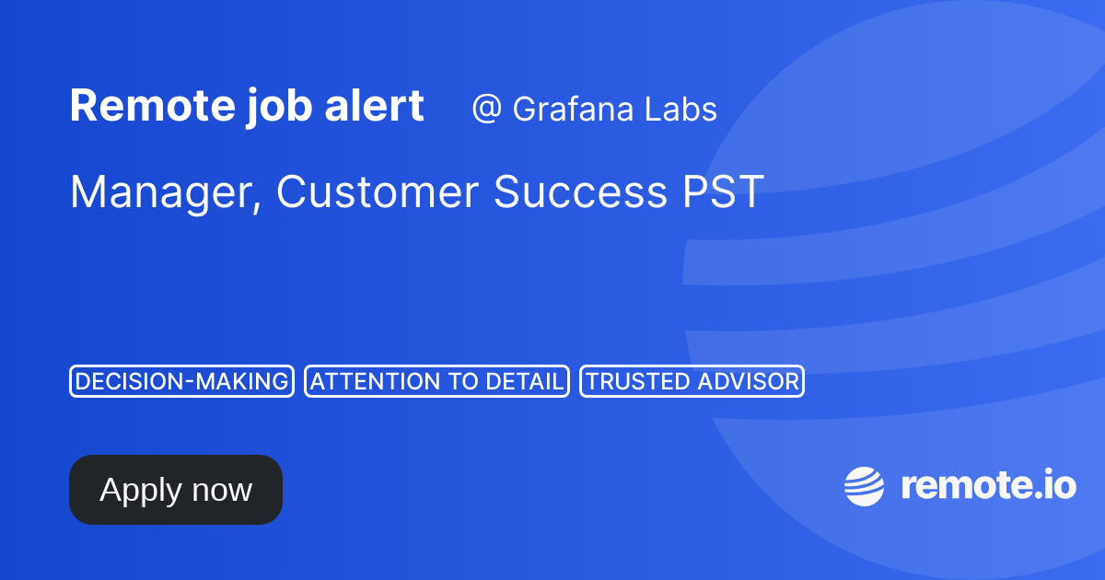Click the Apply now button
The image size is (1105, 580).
(175, 490)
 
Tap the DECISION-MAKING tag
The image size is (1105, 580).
(181, 381)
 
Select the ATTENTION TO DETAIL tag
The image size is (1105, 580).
(436, 381)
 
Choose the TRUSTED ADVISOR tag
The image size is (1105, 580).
(692, 381)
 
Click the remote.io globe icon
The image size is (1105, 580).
(864, 486)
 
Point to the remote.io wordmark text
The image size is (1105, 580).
(987, 485)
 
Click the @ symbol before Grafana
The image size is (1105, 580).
(485, 110)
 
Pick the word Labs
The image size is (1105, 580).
(682, 110)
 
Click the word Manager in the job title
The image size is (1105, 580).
(162, 193)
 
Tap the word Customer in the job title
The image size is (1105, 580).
(378, 191)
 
